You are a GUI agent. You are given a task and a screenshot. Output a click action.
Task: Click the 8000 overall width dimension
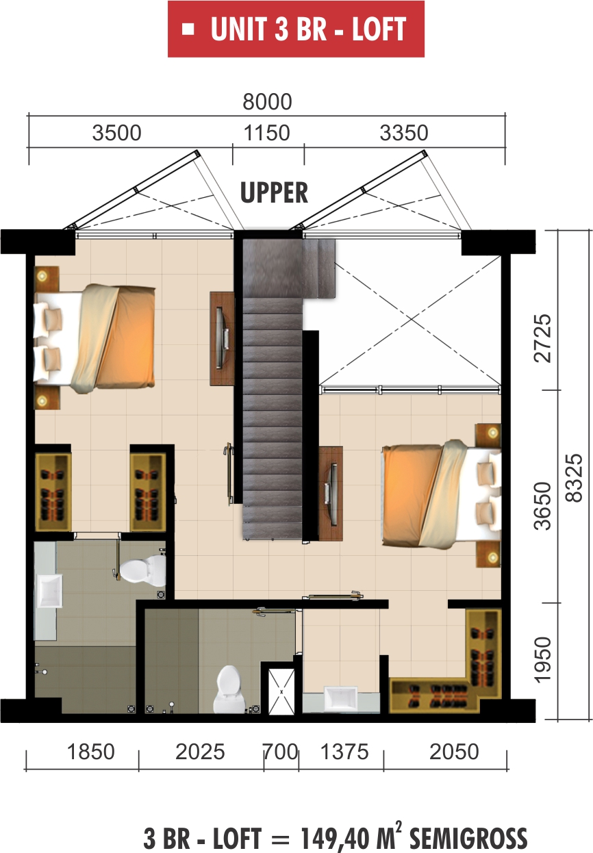tap(267, 102)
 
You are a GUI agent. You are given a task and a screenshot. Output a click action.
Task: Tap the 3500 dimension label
tap(116, 132)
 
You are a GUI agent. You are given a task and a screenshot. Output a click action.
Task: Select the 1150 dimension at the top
tap(267, 132)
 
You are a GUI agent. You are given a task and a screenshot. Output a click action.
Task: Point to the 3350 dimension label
tap(404, 132)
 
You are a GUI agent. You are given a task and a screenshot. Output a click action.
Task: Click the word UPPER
tap(274, 194)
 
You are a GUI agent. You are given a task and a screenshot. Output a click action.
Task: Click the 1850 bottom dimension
tap(91, 752)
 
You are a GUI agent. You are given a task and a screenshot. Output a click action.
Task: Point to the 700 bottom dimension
tap(281, 752)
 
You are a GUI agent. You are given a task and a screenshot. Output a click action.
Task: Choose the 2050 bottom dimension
tap(454, 752)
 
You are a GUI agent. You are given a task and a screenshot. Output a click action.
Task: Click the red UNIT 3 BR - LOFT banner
tap(296, 29)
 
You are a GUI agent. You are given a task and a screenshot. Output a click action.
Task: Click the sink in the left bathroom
tap(49, 591)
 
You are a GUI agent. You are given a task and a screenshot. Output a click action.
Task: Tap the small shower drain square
tap(281, 691)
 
